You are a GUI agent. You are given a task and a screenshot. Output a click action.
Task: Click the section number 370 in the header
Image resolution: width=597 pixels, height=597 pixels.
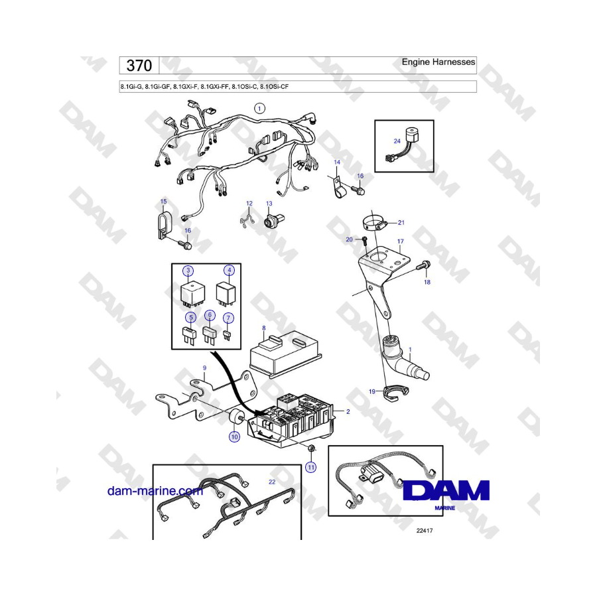139,66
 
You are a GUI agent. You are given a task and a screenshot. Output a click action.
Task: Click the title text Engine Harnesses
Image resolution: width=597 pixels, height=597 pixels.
438,62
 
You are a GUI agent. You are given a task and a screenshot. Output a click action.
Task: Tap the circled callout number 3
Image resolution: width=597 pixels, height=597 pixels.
188,271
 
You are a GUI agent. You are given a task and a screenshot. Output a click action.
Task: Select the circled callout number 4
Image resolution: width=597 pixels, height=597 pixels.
230,271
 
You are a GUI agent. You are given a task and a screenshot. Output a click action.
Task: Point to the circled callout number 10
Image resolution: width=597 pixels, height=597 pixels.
235,436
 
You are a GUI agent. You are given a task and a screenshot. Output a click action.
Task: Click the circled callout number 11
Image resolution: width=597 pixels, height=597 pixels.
311,467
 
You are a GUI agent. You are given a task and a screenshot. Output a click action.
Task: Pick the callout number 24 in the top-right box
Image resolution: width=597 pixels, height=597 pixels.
397,141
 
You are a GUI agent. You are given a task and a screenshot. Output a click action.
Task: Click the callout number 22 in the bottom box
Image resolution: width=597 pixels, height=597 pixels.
272,482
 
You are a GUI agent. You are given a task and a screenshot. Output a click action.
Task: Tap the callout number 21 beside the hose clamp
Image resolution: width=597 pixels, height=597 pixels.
401,222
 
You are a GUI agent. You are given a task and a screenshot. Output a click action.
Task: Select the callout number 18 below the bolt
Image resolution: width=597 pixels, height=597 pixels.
427,282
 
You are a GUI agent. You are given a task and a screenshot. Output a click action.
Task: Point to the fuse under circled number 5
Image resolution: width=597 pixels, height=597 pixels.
189,336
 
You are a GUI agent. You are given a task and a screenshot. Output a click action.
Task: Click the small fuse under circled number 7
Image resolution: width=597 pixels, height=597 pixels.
227,335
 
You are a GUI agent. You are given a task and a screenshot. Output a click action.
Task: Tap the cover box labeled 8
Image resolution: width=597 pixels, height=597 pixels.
285,354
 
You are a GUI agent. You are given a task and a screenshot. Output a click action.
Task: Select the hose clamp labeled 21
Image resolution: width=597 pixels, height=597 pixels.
375,222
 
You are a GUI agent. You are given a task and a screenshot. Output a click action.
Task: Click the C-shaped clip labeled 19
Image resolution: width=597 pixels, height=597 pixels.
395,393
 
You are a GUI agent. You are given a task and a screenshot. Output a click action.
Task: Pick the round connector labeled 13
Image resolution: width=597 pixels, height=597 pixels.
274,220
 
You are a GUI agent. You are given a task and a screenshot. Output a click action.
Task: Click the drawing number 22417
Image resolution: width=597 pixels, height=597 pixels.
425,531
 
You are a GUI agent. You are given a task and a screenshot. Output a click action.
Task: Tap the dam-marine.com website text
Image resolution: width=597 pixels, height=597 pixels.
155,491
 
